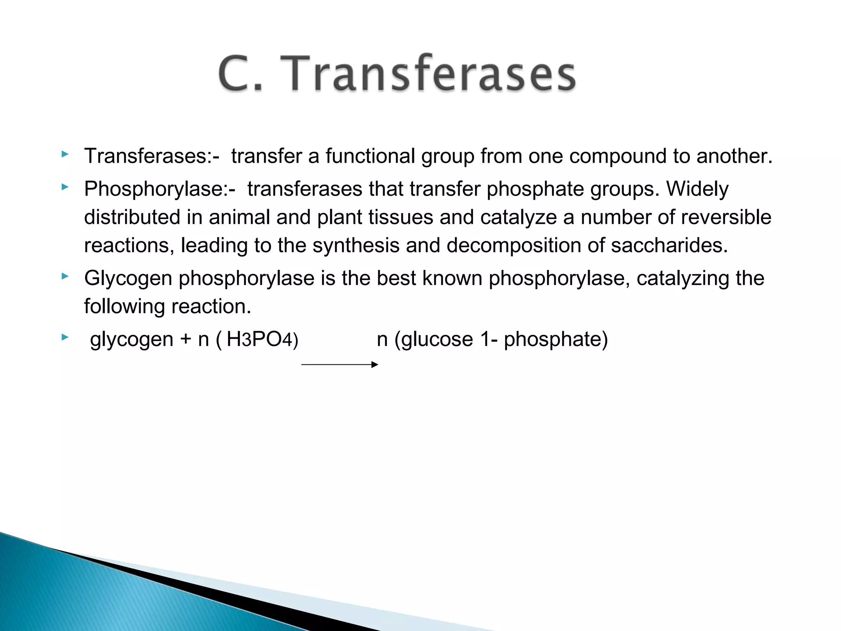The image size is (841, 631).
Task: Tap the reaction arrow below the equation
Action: [x=340, y=364]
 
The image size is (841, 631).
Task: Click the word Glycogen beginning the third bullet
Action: [x=128, y=279]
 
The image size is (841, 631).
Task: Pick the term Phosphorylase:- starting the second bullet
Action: [x=160, y=189]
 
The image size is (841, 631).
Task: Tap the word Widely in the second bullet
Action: [x=697, y=189]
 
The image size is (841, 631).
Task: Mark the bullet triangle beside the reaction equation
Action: [x=64, y=338]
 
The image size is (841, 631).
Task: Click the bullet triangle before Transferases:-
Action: [x=64, y=154]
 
